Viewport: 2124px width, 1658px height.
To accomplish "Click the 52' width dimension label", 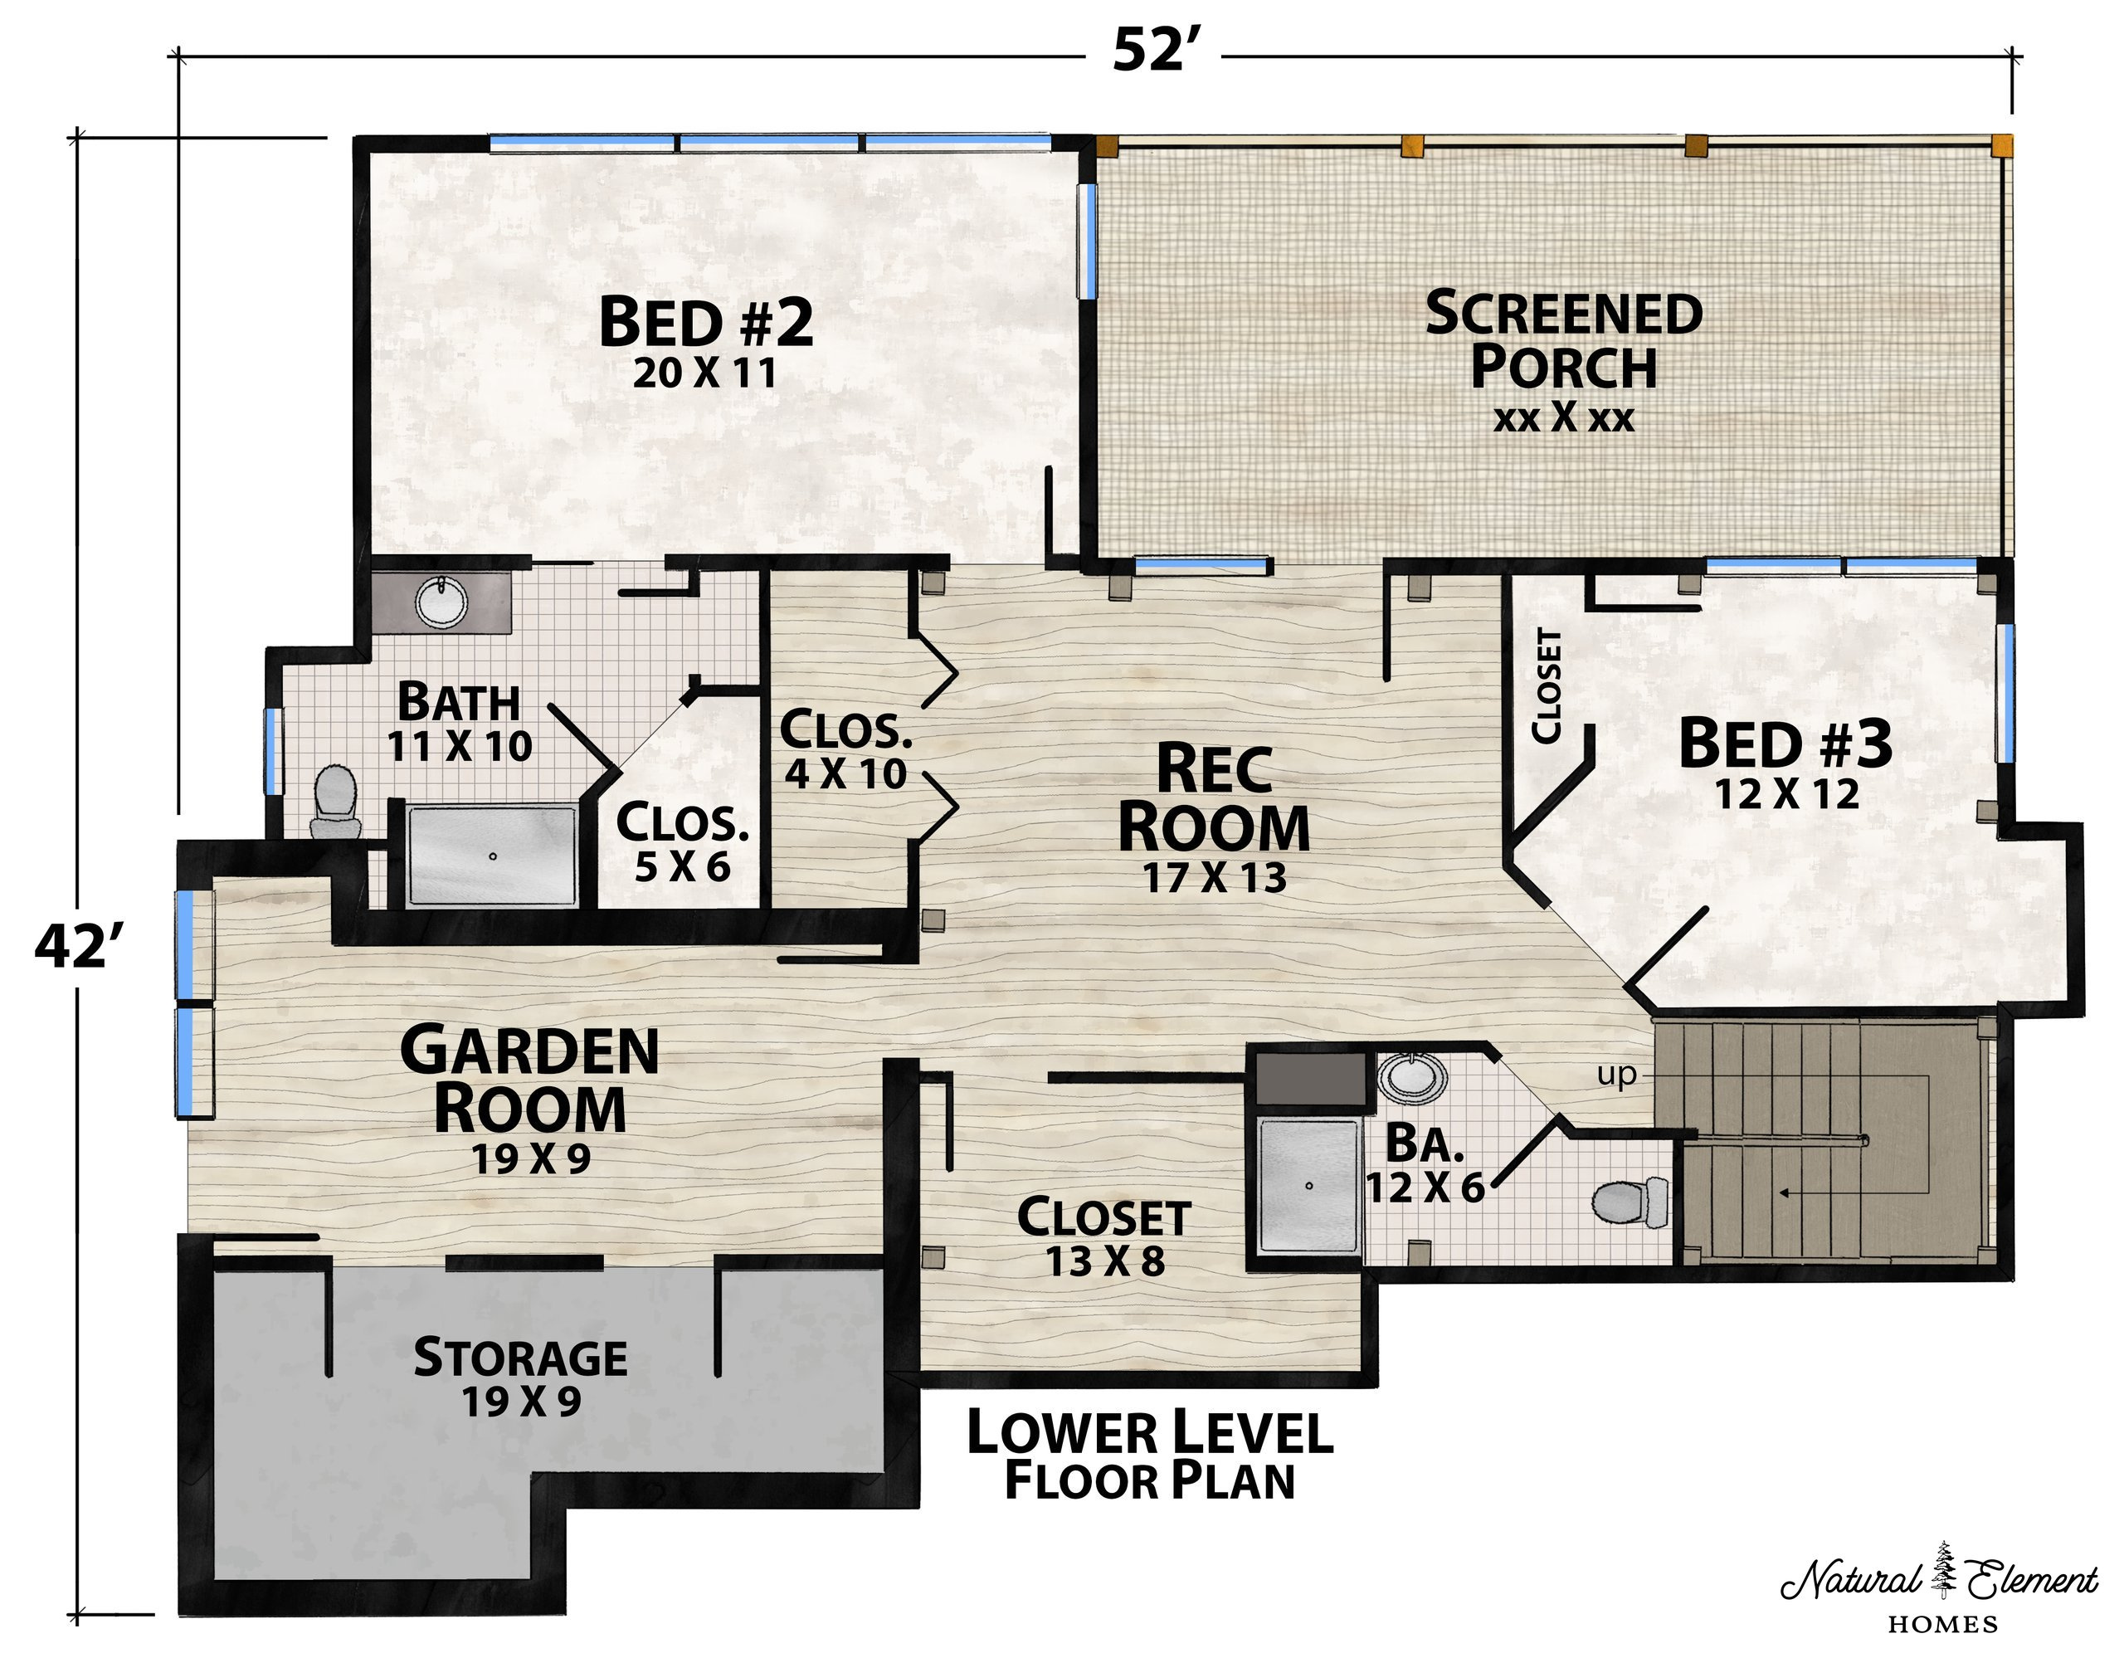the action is click(1152, 50).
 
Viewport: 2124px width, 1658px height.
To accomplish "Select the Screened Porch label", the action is click(1564, 360).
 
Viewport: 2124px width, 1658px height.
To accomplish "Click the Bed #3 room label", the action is click(1785, 763).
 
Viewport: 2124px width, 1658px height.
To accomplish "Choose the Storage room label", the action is click(520, 1377).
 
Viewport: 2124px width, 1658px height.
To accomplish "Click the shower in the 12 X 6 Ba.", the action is click(1308, 1185).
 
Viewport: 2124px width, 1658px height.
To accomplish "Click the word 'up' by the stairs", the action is click(1616, 1076).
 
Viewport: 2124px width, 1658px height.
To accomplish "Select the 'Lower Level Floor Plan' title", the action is click(1149, 1456).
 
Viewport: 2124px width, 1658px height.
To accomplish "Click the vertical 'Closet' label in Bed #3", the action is click(1547, 685).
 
